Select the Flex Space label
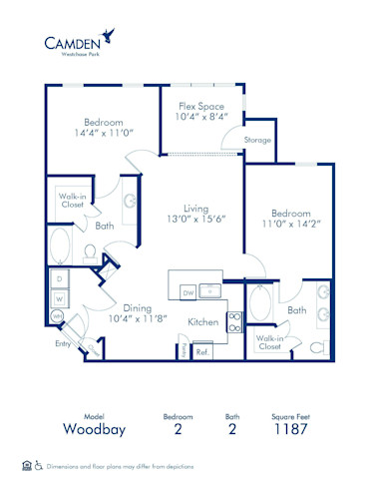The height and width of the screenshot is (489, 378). (x=200, y=106)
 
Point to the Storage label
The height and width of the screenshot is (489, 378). (x=257, y=141)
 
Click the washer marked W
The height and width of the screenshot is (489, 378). (x=59, y=297)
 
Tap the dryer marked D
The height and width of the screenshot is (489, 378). (x=59, y=278)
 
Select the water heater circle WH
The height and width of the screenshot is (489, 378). (x=56, y=317)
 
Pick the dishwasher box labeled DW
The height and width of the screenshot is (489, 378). (x=188, y=291)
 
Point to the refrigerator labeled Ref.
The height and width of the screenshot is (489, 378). (x=201, y=351)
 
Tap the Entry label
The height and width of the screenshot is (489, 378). (x=64, y=344)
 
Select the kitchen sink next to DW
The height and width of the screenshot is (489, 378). (x=210, y=291)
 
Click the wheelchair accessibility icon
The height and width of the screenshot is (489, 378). (x=39, y=465)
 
